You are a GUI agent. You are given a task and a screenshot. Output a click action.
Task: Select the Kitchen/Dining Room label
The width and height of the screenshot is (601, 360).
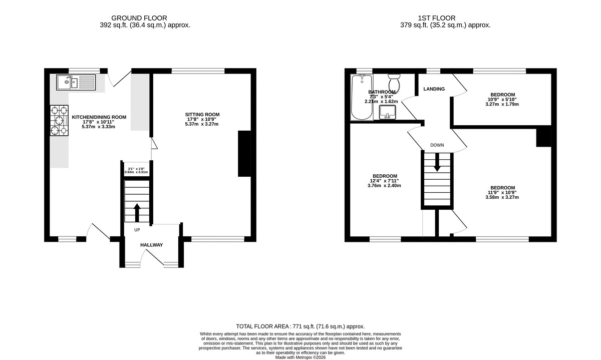tap(99, 117)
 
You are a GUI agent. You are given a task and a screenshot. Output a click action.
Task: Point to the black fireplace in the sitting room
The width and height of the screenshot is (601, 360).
tap(244, 154)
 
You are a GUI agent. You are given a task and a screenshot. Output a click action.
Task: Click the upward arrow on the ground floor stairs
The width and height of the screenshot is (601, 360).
tap(137, 212)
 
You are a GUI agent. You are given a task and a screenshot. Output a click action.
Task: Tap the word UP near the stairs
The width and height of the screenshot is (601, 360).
tap(137, 230)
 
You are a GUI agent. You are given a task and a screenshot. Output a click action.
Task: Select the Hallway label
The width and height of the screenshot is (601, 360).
tap(151, 245)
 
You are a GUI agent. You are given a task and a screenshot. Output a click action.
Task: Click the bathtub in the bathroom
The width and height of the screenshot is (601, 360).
tap(362, 98)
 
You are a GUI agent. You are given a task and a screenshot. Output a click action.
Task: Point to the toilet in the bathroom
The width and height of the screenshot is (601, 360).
tap(394, 81)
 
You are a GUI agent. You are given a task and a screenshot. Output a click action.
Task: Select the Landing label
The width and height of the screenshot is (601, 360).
tap(434, 89)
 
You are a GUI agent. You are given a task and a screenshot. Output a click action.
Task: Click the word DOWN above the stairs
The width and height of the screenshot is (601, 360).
tap(437, 145)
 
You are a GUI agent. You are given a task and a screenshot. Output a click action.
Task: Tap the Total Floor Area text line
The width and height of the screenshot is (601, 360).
tap(300, 326)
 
